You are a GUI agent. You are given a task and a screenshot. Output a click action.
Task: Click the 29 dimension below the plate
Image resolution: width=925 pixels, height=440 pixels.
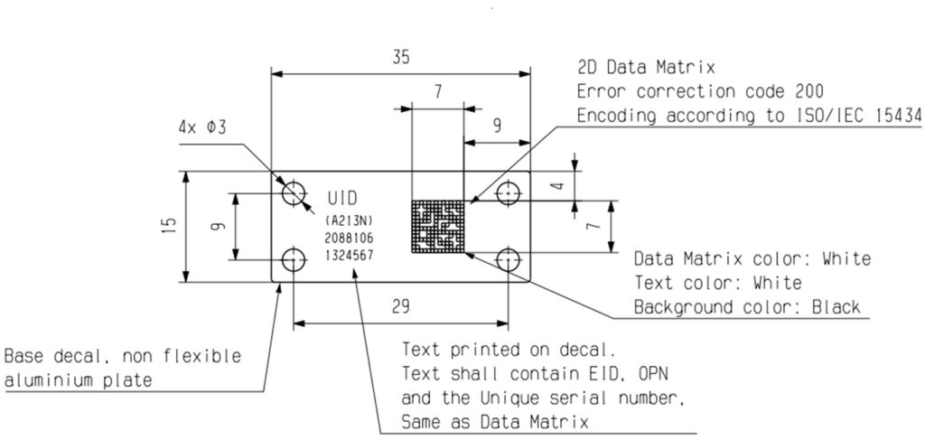coord(398,305)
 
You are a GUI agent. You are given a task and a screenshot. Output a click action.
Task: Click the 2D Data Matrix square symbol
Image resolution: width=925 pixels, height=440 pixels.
coord(437,226)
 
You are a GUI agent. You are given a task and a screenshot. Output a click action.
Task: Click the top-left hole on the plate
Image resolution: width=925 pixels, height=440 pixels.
coord(294,193)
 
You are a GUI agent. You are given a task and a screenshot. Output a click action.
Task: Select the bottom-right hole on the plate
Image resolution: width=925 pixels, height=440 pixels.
coord(509,260)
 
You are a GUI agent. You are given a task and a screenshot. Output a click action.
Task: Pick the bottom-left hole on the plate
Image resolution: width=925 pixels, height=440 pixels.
coord(294,260)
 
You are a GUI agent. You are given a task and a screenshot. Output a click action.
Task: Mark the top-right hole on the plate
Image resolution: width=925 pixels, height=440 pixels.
coord(509,193)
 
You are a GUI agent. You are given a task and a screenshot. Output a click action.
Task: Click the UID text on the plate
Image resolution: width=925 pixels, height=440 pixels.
coord(341,198)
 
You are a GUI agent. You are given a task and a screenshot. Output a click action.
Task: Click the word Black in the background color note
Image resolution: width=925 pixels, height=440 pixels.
coord(835,307)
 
